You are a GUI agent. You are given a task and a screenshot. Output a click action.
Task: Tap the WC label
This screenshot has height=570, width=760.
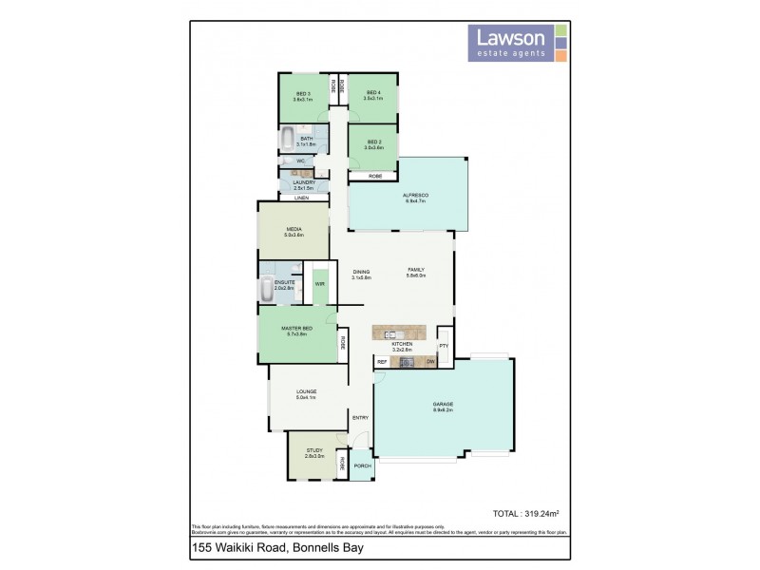pyautogui.click(x=300, y=161)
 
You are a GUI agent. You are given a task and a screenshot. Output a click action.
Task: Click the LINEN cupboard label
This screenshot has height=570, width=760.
pyautogui.click(x=301, y=198)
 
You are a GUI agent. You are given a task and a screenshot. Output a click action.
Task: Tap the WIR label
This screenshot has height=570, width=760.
pyautogui.click(x=320, y=284)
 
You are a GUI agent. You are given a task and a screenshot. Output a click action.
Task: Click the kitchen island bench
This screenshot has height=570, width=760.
pyautogui.click(x=404, y=332)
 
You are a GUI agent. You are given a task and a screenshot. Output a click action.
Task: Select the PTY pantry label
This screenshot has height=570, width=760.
pyautogui.click(x=443, y=346)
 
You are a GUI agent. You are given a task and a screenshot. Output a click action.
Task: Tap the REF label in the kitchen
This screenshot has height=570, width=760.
pyautogui.click(x=382, y=362)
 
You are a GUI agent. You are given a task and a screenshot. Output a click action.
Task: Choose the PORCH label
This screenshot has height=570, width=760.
pyautogui.click(x=362, y=466)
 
